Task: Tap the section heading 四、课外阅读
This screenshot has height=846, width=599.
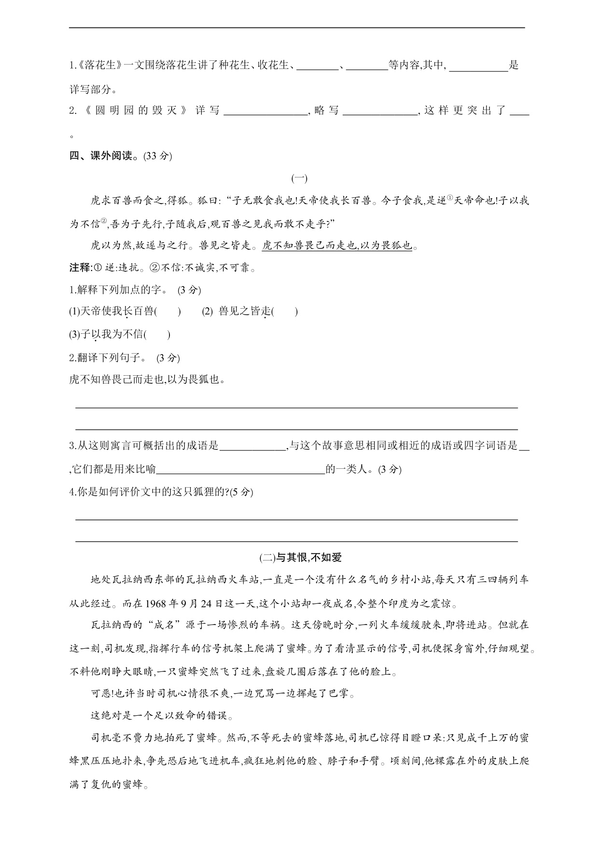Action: click(100, 156)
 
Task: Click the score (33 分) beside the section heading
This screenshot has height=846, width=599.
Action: click(158, 156)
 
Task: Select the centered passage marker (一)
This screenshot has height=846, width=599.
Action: click(299, 178)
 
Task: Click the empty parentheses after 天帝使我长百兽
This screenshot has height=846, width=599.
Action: click(167, 312)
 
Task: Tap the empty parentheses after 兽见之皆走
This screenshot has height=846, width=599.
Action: click(285, 312)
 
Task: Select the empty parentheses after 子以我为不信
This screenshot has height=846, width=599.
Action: click(157, 334)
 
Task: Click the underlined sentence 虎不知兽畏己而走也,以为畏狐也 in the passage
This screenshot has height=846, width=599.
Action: click(337, 246)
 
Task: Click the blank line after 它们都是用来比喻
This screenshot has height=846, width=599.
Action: click(241, 469)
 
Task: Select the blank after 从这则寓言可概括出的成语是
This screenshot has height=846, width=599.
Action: click(253, 446)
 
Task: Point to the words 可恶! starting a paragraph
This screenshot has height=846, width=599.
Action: click(101, 694)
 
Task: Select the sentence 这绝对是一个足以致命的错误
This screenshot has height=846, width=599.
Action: click(162, 716)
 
